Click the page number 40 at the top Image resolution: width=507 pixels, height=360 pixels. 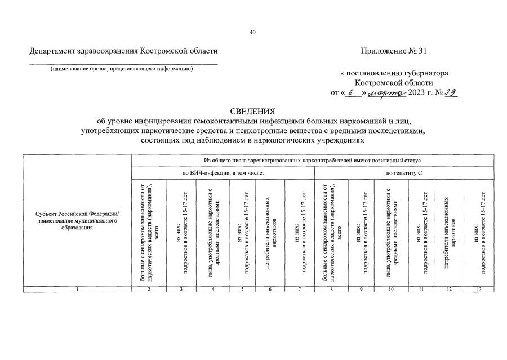click(x=252, y=32)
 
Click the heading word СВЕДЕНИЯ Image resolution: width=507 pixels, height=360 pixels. click(x=252, y=111)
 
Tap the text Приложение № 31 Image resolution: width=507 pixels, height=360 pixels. click(x=394, y=51)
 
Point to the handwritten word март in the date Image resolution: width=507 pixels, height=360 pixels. click(x=389, y=92)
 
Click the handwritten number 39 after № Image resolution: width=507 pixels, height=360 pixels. click(x=449, y=92)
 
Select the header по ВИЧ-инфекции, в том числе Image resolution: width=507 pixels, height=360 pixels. click(x=223, y=172)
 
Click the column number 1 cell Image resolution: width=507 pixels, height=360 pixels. click(x=78, y=290)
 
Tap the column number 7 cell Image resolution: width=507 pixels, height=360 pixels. click(x=299, y=290)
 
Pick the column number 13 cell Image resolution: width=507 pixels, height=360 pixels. click(x=479, y=290)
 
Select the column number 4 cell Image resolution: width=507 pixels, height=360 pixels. click(x=213, y=290)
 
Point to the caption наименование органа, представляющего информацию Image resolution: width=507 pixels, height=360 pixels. click(x=122, y=69)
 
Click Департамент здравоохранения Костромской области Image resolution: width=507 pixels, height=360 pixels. click(x=123, y=51)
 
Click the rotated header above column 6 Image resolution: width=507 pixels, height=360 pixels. click(x=270, y=231)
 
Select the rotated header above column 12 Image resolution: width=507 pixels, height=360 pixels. click(x=449, y=231)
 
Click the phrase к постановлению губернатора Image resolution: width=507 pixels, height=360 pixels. click(x=394, y=73)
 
